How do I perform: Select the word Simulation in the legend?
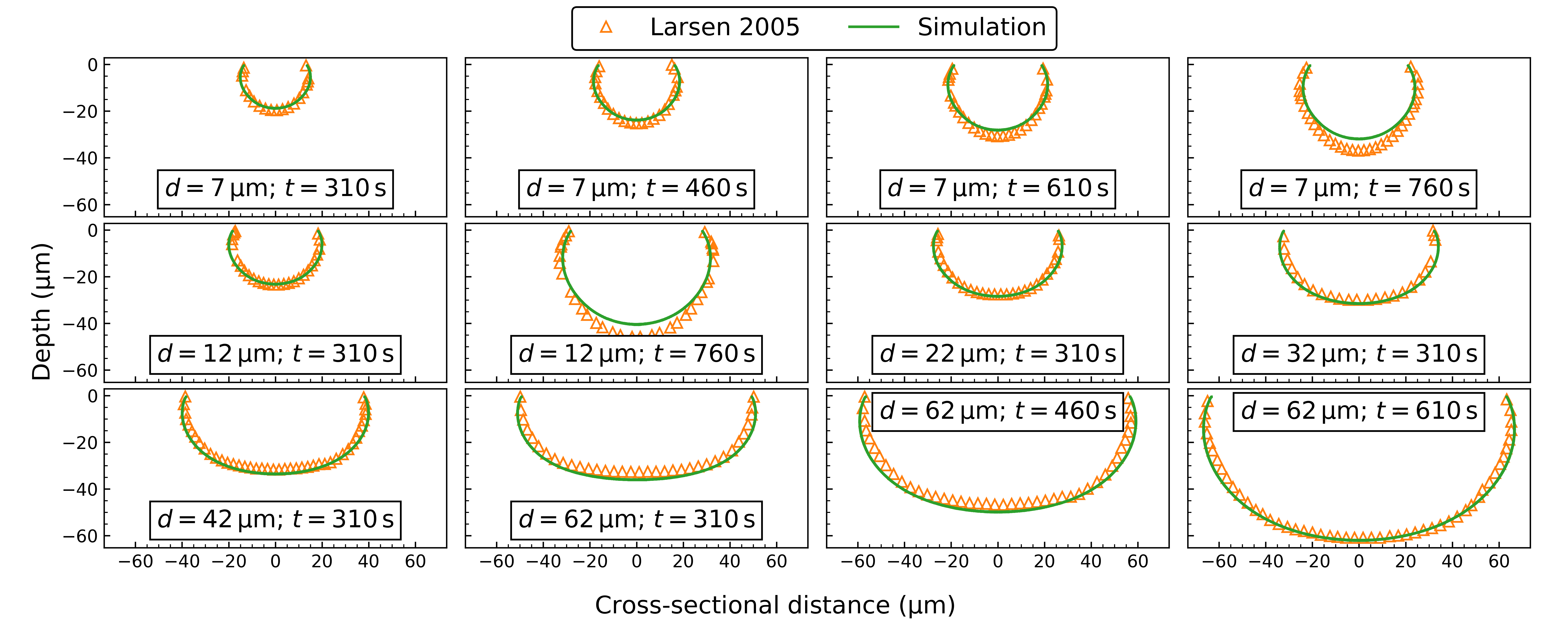(981, 27)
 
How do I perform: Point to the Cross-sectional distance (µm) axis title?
(774, 605)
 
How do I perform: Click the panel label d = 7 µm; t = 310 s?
(275, 188)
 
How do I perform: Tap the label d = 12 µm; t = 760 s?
(636, 354)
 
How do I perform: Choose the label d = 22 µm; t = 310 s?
(998, 354)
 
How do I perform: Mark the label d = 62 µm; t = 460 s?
(998, 411)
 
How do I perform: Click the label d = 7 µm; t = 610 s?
(998, 188)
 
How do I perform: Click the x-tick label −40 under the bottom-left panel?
(182, 562)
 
